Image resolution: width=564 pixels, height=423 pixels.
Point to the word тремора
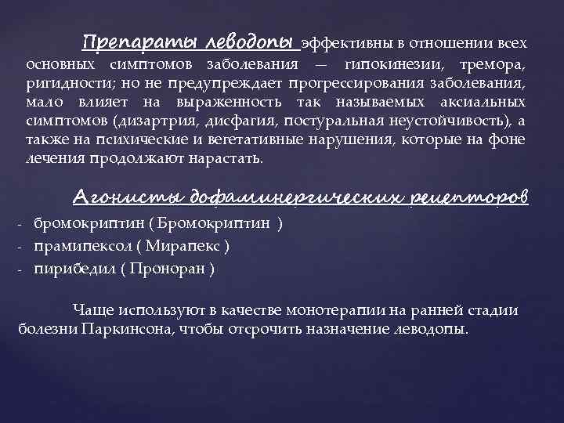(496, 63)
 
